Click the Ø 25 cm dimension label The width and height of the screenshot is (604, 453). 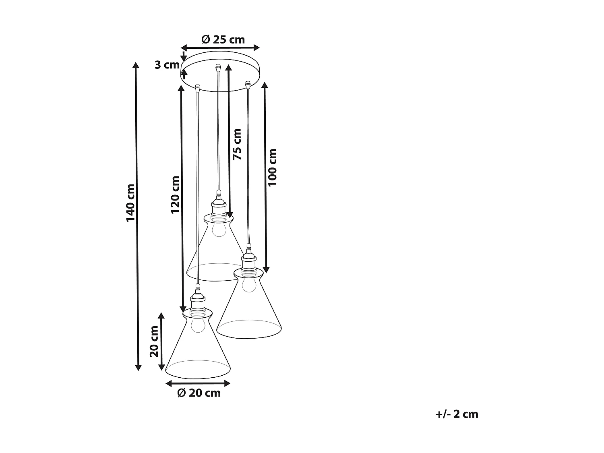223,39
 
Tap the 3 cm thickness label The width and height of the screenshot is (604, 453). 167,65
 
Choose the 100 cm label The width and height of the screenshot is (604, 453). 273,167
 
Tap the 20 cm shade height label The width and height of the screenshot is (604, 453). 154,341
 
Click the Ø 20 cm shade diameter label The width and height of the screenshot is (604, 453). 199,393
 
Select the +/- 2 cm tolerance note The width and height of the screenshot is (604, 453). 457,414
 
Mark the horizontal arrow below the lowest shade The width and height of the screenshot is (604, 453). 198,383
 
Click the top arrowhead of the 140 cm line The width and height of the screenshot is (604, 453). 137,66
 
